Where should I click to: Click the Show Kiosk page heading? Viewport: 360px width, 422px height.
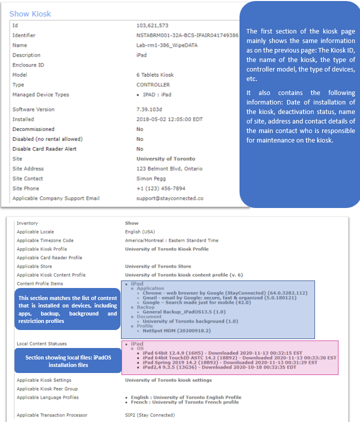coord(30,13)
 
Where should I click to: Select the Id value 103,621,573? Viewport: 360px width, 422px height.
coord(152,25)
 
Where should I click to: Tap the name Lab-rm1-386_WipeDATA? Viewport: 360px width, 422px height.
coord(167,45)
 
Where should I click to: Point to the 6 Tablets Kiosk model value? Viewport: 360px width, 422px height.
coord(155,75)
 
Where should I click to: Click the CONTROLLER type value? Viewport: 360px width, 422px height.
coord(153,85)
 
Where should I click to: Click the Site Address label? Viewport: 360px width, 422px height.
coord(28,169)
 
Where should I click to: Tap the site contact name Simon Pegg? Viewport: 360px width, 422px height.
coord(151,178)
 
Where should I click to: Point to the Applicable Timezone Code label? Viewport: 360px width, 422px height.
coord(45,240)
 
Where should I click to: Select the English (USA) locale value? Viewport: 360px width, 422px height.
coord(139,232)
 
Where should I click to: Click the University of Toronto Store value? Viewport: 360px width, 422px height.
coord(158,266)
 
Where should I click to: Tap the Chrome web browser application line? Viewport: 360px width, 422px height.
coord(225,293)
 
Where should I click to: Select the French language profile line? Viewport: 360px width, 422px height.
coord(185,402)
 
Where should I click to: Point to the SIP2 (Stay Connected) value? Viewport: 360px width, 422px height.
coord(150,415)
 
